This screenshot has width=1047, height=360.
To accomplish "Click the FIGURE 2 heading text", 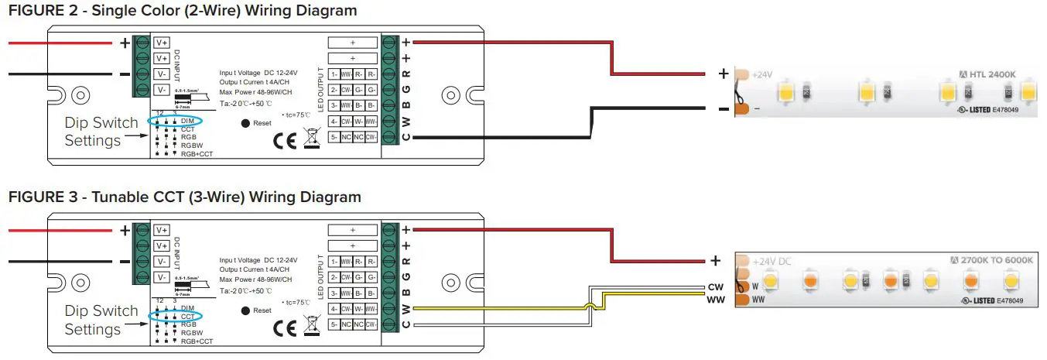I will (183, 11).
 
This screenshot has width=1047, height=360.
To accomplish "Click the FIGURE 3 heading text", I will (184, 197).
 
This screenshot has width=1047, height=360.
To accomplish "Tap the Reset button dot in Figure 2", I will (245, 123).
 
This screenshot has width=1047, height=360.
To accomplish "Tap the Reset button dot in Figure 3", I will (245, 310).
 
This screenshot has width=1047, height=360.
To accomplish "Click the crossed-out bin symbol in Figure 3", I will (313, 327).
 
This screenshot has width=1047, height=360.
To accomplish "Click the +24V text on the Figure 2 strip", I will (762, 75).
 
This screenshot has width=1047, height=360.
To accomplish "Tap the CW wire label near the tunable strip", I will (715, 287).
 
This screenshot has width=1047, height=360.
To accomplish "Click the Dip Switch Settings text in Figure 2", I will (101, 132).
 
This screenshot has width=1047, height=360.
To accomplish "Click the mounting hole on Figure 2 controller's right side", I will (451, 96).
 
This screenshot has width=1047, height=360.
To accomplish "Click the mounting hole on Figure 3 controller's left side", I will (78, 284).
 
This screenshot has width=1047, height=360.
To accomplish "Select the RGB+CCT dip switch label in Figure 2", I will (196, 153).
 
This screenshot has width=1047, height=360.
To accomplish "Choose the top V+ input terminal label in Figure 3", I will (162, 230).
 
